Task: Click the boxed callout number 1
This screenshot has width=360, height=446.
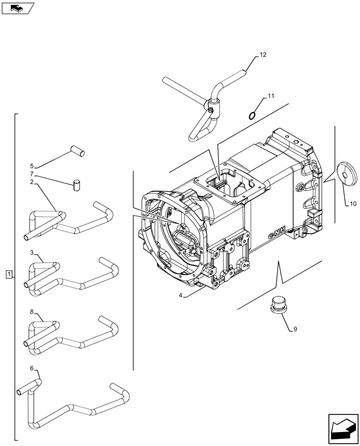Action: click(9, 273)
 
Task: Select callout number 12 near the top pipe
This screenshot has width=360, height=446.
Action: click(262, 55)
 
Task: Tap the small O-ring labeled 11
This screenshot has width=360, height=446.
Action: click(252, 116)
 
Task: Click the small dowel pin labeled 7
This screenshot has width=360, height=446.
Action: click(77, 184)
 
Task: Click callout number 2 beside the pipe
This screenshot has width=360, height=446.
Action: click(32, 182)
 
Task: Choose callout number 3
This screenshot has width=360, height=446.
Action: click(32, 253)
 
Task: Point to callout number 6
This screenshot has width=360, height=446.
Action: click(32, 368)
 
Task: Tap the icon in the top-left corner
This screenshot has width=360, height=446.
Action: click(17, 8)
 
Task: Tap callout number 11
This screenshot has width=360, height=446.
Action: click(271, 96)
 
